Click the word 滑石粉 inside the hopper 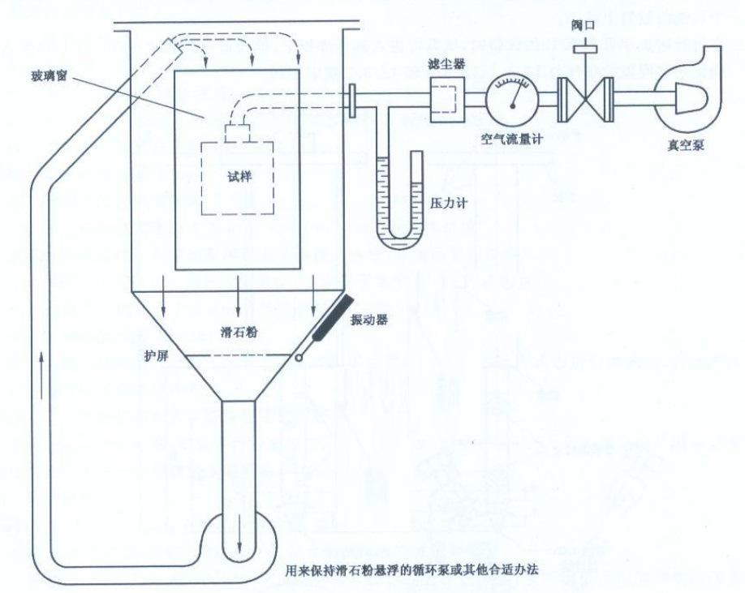pyautogui.click(x=239, y=333)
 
